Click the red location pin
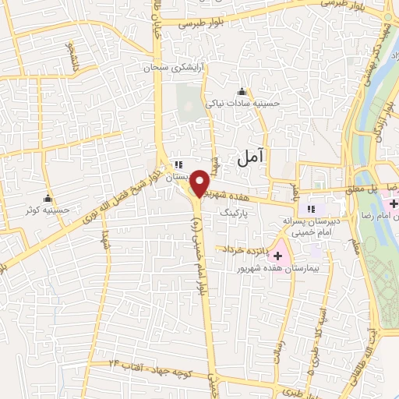(x=200, y=183)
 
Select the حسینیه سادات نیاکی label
(x=241, y=102)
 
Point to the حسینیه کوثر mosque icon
(x=49, y=198)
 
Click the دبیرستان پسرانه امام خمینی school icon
(x=311, y=209)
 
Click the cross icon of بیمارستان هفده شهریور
(x=277, y=255)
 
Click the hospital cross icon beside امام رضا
(x=395, y=203)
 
